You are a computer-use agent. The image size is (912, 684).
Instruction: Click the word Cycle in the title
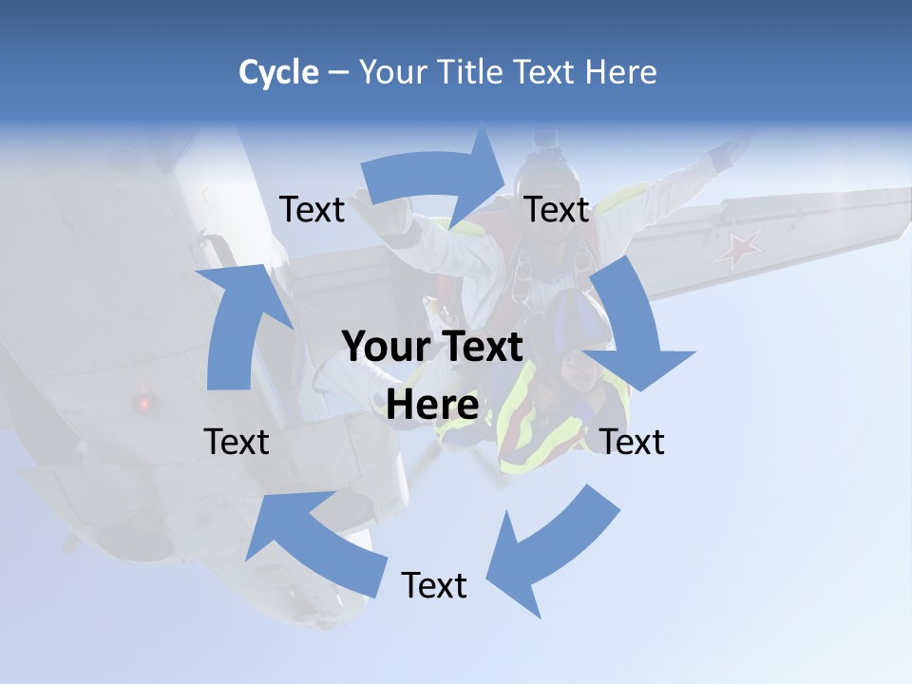[277, 72]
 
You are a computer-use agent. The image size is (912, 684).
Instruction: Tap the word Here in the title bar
[620, 72]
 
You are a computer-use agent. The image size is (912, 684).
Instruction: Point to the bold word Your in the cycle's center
[384, 348]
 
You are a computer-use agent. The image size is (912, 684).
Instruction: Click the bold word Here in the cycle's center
[432, 406]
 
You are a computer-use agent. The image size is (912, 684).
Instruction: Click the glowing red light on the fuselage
[144, 404]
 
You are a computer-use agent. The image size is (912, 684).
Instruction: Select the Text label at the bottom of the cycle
[434, 585]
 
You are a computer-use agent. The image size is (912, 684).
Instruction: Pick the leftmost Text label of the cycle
[237, 442]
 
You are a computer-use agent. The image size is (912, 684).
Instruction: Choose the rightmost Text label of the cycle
[633, 442]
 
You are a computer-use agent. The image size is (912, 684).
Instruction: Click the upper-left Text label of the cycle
[312, 209]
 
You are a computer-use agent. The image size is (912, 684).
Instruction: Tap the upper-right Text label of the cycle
[557, 209]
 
